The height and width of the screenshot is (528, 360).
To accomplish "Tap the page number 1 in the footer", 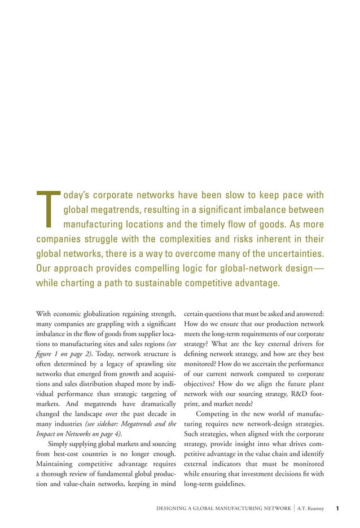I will (x=337, y=509).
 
